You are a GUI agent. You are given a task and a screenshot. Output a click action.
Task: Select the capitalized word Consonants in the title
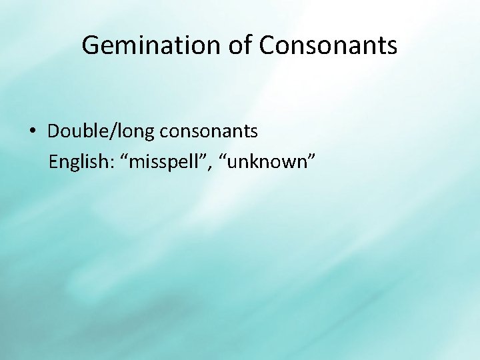(x=329, y=46)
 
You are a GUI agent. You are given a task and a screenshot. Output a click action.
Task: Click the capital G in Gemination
(x=91, y=46)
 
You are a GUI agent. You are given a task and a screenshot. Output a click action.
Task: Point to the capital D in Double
(x=53, y=131)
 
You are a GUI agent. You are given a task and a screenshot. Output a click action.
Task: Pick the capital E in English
(x=53, y=162)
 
